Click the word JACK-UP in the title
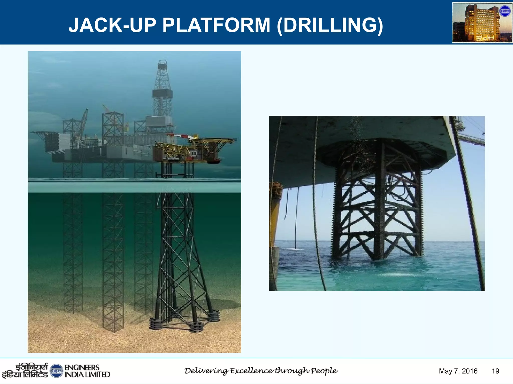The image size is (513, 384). (x=112, y=25)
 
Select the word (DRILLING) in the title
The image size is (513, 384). (x=330, y=26)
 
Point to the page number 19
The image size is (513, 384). (x=495, y=371)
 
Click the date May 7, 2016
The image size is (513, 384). (x=458, y=371)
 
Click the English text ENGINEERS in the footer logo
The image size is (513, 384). (x=82, y=367)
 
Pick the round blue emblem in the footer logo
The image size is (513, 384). (x=56, y=371)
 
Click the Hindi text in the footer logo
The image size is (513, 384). (x=25, y=371)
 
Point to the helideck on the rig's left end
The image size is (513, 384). (x=40, y=132)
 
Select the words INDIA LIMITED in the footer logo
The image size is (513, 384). (x=87, y=374)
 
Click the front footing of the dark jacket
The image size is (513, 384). (x=196, y=326)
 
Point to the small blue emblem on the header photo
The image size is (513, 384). (x=504, y=11)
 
